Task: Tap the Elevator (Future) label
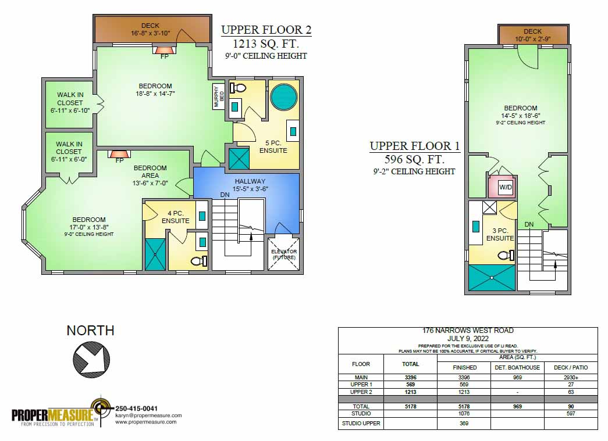click(284, 254)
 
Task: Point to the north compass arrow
click(90, 356)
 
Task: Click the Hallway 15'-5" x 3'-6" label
click(250, 185)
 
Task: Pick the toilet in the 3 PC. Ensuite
click(506, 254)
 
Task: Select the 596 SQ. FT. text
click(414, 159)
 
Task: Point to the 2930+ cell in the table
click(570, 378)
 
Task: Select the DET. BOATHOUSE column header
click(517, 367)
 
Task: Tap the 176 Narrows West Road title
click(468, 331)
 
